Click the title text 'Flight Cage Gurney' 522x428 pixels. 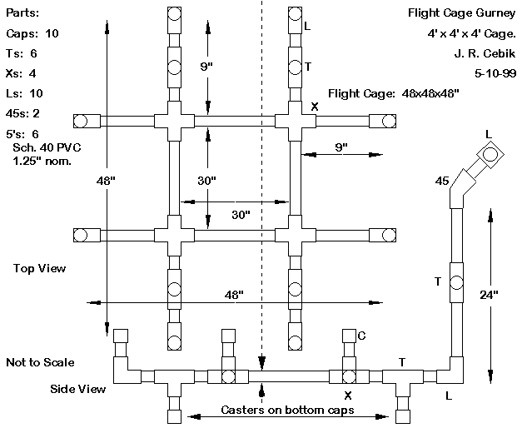[462, 13]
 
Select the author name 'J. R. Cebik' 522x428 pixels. [486, 53]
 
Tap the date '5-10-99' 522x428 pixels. [495, 73]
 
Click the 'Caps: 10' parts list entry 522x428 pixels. [32, 33]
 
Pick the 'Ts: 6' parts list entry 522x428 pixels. [22, 53]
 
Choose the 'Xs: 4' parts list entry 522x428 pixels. [22, 72]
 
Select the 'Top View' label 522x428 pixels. [39, 268]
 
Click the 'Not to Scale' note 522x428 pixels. [40, 362]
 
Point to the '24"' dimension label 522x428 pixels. [490, 293]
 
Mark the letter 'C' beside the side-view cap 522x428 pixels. [362, 335]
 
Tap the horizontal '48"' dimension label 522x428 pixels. [234, 295]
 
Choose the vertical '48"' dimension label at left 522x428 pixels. [107, 179]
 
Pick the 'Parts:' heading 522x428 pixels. [22, 13]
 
